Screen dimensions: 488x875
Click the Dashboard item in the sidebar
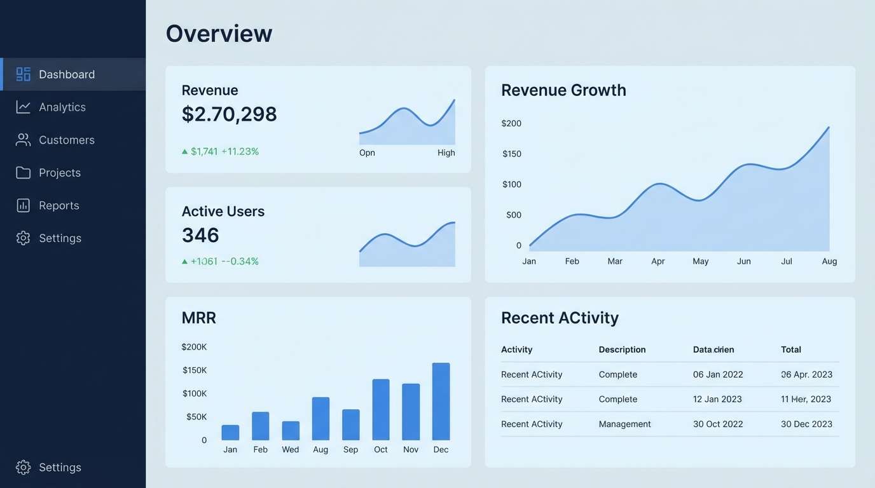(x=66, y=74)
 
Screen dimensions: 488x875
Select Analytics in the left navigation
(x=62, y=107)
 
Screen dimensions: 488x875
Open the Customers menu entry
(x=66, y=140)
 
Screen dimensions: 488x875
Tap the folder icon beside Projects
(x=24, y=173)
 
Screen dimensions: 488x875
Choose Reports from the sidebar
(x=59, y=205)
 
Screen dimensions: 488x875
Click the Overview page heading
(x=219, y=33)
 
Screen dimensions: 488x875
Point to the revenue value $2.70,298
(x=229, y=114)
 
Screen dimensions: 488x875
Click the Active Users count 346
(x=200, y=235)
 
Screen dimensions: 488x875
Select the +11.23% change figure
(x=240, y=151)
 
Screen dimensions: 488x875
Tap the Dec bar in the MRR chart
(x=441, y=402)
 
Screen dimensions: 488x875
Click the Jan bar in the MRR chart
(x=230, y=433)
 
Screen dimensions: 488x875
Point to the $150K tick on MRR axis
(x=195, y=370)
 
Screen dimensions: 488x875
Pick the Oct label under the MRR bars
(x=381, y=449)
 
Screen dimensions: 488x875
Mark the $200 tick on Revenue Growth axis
(x=511, y=123)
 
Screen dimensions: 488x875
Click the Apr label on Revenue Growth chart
(x=658, y=261)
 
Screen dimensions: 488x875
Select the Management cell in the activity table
(x=624, y=424)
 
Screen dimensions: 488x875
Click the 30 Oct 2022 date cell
(x=718, y=424)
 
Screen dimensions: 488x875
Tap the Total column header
(x=790, y=349)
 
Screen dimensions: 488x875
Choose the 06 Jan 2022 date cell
(x=718, y=374)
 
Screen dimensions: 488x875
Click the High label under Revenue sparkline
(x=446, y=152)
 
